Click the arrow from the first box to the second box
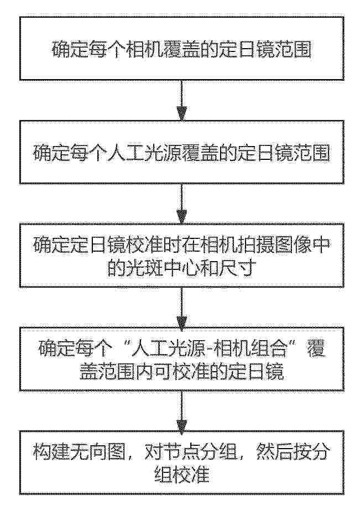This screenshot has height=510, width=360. (181, 100)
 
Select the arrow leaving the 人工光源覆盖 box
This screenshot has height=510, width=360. (181, 204)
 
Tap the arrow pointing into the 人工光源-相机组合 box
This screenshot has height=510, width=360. (181, 308)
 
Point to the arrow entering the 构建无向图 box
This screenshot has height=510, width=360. (181, 411)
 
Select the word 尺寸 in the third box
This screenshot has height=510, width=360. (237, 269)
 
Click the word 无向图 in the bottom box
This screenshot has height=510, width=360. (98, 452)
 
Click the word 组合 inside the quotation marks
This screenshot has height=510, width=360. (272, 349)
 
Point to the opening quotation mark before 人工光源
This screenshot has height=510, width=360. (122, 345)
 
